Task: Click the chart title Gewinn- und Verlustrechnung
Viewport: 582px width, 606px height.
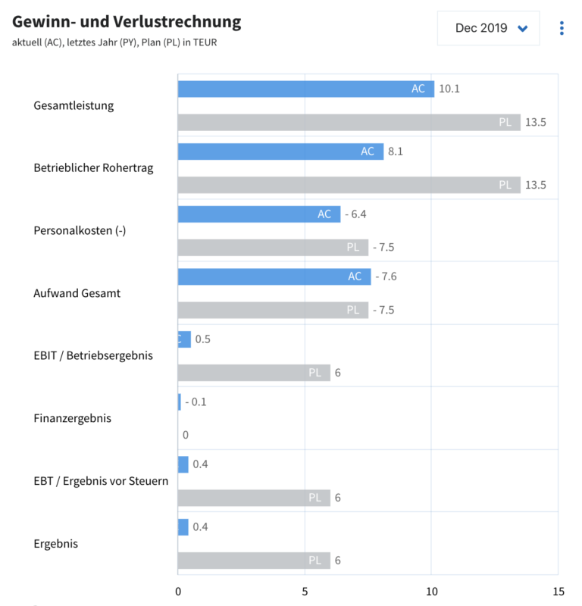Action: pos(127,22)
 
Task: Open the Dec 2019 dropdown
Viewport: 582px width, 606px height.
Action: pos(489,28)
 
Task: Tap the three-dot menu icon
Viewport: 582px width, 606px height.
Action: pos(561,28)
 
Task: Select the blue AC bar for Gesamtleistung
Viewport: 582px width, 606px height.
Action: pos(305,89)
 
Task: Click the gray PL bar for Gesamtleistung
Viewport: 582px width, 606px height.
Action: pos(349,122)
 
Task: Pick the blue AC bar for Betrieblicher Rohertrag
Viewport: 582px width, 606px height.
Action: pos(280,151)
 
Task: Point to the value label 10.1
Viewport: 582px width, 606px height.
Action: pos(449,89)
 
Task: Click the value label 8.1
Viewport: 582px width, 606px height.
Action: pos(395,151)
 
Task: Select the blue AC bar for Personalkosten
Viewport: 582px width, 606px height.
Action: pos(258,214)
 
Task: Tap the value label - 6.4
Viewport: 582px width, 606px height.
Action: pos(355,214)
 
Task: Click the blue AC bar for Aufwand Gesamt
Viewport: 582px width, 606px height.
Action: pos(274,276)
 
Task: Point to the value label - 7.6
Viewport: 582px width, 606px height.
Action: pos(386,276)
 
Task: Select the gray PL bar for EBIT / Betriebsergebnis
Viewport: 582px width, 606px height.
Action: pos(254,373)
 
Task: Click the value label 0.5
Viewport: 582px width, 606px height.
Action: pos(202,339)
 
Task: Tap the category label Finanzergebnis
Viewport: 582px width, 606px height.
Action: pos(73,418)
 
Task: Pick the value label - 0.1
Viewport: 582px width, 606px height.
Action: pos(196,401)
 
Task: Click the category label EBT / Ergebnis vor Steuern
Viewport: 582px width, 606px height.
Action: pos(101,481)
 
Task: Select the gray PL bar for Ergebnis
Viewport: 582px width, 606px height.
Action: pos(254,561)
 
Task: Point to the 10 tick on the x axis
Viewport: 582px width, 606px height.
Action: pos(431,592)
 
